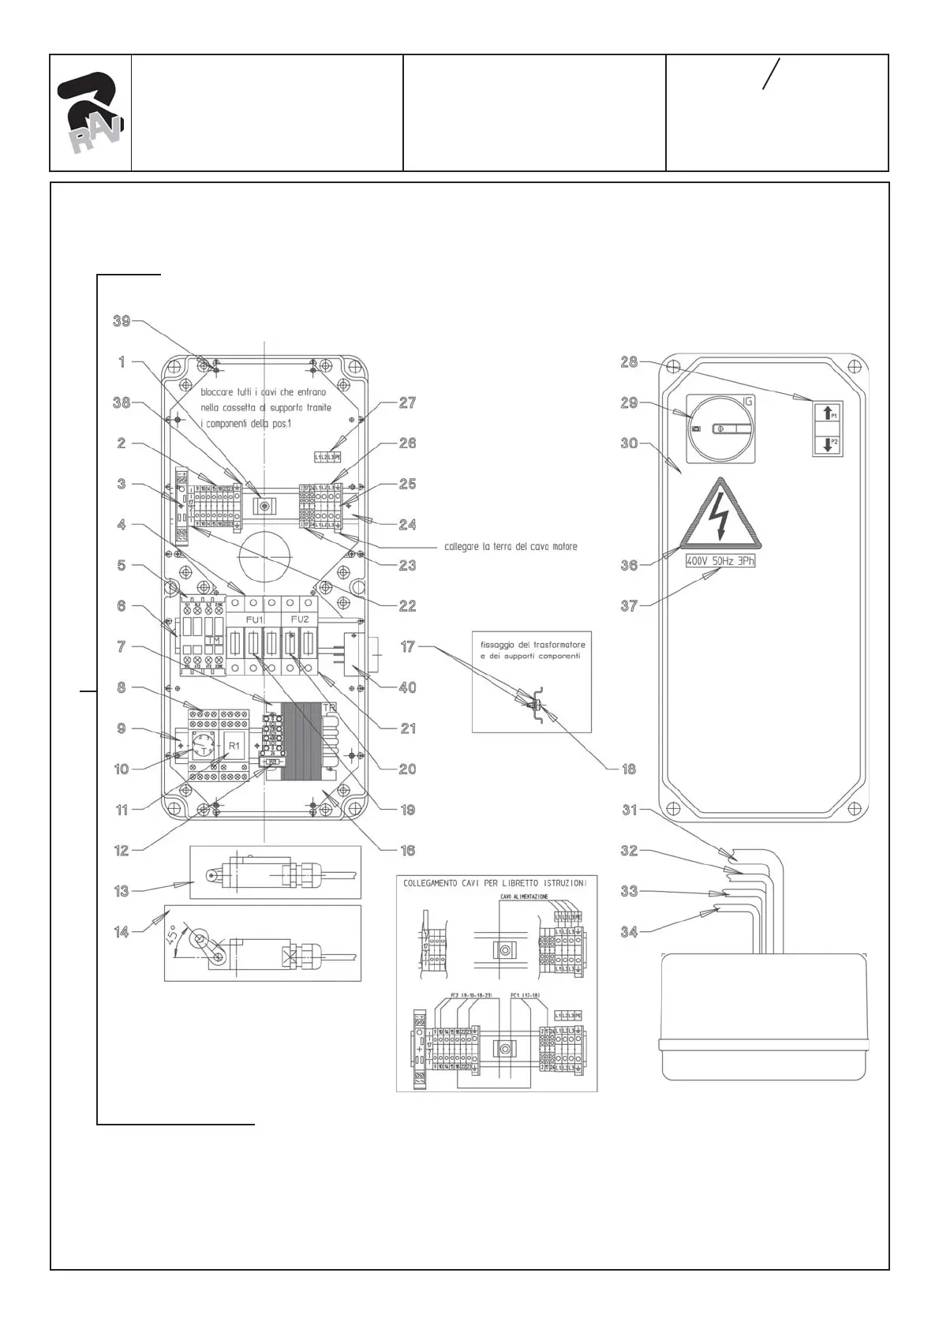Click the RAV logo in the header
90,113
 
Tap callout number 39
122,320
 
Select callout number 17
407,646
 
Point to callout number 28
629,361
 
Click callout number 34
629,932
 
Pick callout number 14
122,932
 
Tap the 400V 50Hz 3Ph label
720,561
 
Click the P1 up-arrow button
827,412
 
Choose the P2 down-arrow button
827,444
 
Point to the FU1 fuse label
255,620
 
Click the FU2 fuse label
300,620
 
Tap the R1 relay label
234,746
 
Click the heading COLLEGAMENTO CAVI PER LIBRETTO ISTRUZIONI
495,883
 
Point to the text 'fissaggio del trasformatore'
533,645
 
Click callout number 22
407,606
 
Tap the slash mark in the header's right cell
771,73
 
